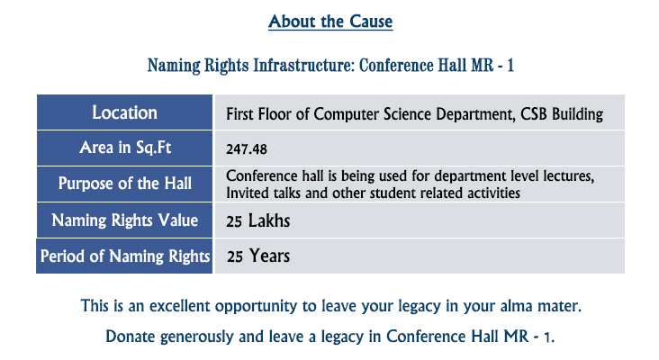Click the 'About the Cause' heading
(x=330, y=22)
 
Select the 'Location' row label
(x=125, y=112)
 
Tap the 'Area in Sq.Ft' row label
(x=125, y=148)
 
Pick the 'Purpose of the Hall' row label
(x=125, y=184)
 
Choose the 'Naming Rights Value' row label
(x=125, y=220)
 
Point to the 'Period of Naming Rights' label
(x=125, y=256)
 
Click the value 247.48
(x=247, y=149)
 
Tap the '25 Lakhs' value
(x=258, y=221)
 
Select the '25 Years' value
(x=258, y=256)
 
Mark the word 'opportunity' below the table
(x=257, y=307)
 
